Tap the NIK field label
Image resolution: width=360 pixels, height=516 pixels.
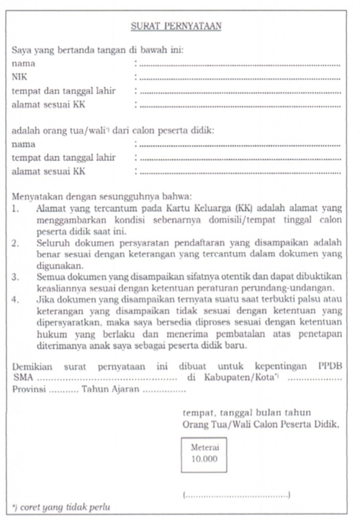(x=20, y=77)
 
